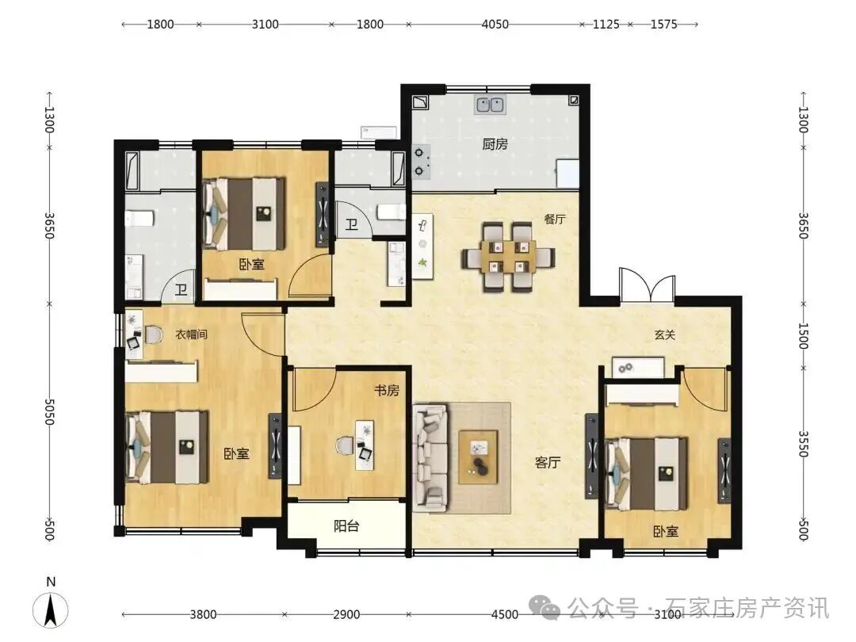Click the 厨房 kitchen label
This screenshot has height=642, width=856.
495,144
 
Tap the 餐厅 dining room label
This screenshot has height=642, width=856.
555,220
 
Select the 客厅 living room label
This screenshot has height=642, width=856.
548,462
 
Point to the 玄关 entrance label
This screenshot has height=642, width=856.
665,334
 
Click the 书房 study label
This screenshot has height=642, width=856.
387,390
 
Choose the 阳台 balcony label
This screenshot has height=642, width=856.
346,526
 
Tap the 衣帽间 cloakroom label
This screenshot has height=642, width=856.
191,334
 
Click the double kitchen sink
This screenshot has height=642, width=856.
490,104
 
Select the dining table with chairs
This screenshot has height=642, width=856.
508,257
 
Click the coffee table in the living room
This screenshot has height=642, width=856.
478,457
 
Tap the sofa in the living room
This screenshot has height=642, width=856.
430,457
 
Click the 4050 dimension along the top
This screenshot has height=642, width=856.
495,25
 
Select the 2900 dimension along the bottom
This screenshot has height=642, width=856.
346,615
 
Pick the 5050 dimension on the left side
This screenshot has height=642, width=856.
49,411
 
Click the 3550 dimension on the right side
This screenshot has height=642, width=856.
803,444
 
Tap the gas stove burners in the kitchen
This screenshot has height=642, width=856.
420,162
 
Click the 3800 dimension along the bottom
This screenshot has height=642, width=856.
203,615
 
